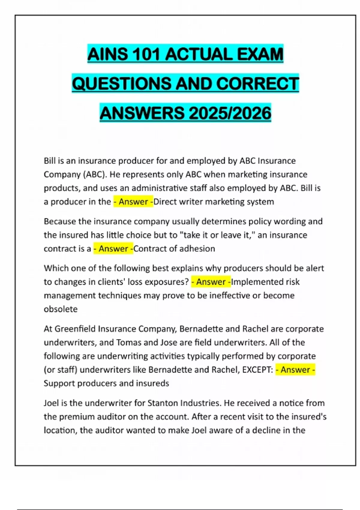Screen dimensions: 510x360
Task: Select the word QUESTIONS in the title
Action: tap(121, 83)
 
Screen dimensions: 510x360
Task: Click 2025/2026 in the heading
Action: tap(230, 113)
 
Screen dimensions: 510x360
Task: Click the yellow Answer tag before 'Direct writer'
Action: tap(133, 202)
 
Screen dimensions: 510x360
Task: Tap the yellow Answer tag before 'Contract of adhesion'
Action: tap(113, 249)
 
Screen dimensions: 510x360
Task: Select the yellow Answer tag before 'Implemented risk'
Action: tap(211, 282)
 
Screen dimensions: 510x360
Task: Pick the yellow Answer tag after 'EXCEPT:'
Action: tap(295, 370)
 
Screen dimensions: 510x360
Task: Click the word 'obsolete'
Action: tap(61, 309)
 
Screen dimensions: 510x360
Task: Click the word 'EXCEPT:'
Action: tap(257, 370)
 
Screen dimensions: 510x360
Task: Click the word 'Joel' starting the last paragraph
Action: tap(51, 403)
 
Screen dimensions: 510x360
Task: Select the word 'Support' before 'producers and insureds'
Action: tap(59, 383)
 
